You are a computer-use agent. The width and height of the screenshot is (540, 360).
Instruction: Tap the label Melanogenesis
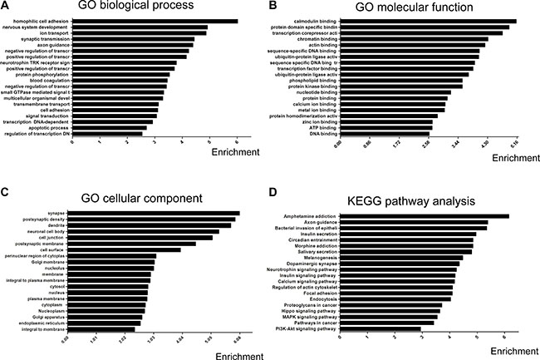(x=317, y=258)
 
